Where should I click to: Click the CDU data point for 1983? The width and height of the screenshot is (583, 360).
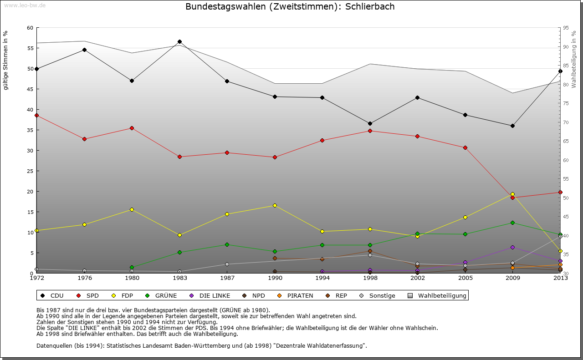tap(179, 41)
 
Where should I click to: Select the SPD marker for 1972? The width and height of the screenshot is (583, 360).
tap(36, 115)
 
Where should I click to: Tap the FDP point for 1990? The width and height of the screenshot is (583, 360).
tap(275, 205)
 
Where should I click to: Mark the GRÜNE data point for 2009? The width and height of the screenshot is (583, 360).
tap(512, 223)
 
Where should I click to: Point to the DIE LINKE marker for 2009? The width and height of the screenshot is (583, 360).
tap(512, 247)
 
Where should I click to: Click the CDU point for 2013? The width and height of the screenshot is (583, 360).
tap(560, 71)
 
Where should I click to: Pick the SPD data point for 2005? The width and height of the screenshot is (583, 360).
tap(465, 147)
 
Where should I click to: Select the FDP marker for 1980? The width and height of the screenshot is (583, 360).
tap(132, 209)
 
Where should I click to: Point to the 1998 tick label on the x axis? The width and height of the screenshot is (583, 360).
tap(370, 278)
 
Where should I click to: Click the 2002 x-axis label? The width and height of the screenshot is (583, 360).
tap(417, 278)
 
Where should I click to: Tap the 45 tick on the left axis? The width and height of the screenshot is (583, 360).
tap(30, 89)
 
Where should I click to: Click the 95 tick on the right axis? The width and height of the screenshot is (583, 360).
tap(566, 28)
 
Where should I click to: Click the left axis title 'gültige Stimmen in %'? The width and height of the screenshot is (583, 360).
tap(6, 60)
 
